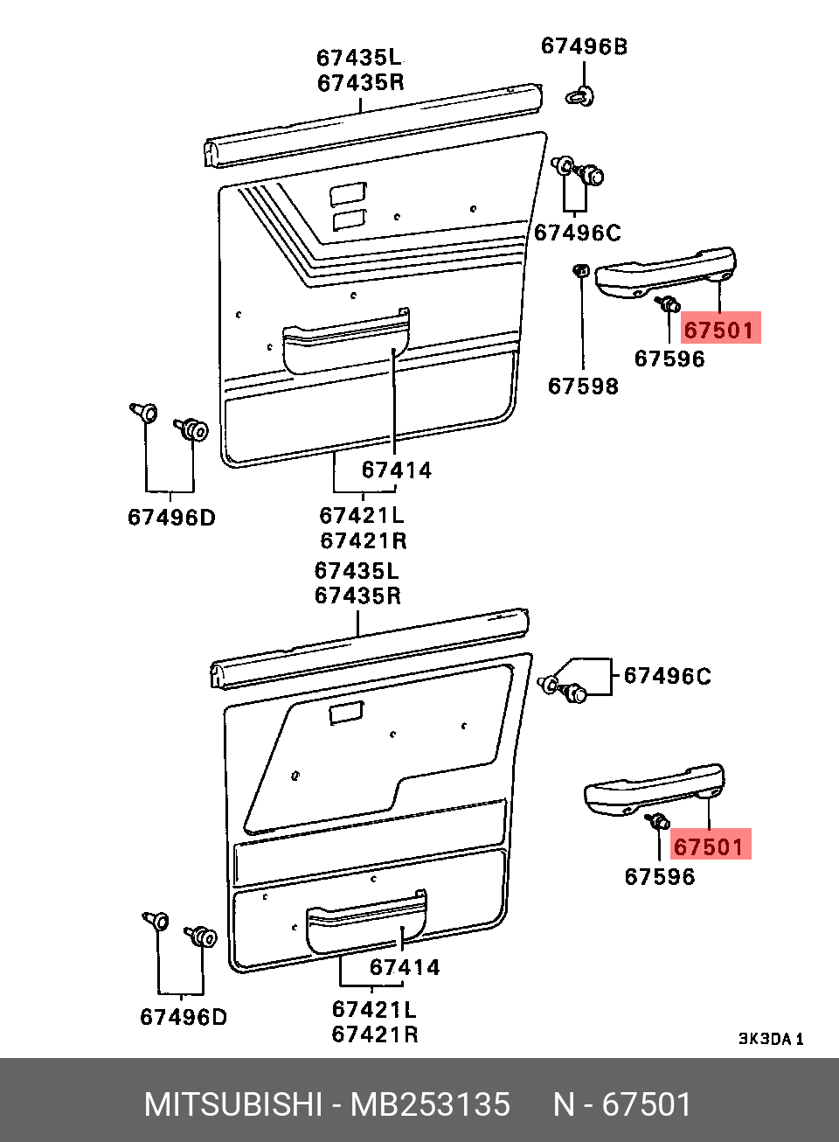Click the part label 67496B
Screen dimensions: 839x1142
(x=584, y=46)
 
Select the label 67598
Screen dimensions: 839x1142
(x=583, y=386)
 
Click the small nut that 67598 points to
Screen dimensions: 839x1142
(x=581, y=270)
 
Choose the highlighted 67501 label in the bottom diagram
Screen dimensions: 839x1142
(x=711, y=846)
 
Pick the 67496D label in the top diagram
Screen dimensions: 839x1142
(x=171, y=518)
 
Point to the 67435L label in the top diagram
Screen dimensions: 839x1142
(x=359, y=58)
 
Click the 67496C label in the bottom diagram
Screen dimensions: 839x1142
(x=668, y=677)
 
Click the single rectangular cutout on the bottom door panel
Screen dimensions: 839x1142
(x=346, y=713)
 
